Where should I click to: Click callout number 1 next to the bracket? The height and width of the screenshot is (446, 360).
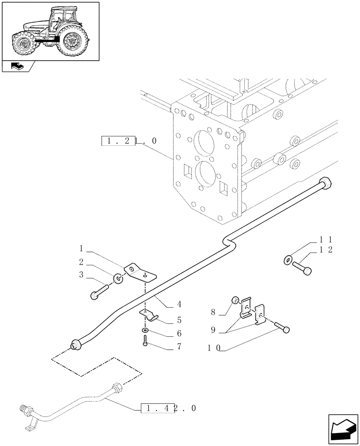click(82, 248)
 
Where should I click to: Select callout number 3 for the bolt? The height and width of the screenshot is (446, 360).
click(82, 276)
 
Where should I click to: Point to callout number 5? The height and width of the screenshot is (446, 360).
click(179, 319)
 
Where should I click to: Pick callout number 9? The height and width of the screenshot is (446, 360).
click(213, 330)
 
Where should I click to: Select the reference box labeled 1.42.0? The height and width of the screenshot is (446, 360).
click(168, 408)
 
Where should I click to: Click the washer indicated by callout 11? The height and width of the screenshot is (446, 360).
click(287, 259)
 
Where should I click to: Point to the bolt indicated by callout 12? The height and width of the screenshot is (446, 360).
click(302, 267)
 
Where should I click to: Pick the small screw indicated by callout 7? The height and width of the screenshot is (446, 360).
click(146, 343)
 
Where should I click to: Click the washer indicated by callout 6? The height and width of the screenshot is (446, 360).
click(146, 330)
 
